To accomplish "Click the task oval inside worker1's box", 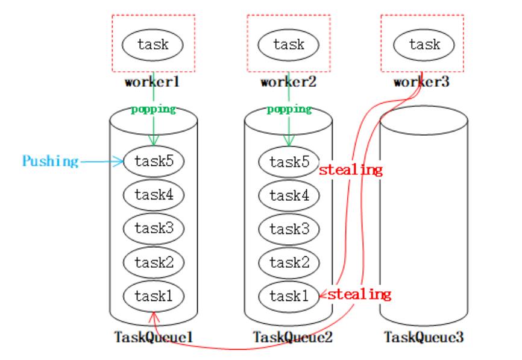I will click(x=153, y=45).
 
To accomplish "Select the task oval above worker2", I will click(x=288, y=45).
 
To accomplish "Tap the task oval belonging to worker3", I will click(x=424, y=45).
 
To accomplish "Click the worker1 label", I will click(x=153, y=81).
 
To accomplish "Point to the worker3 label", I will click(x=421, y=81).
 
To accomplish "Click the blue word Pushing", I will click(x=51, y=162).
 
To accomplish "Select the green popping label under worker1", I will click(x=154, y=109).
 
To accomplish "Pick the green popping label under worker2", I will click(x=289, y=109).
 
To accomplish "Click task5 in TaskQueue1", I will click(x=154, y=162).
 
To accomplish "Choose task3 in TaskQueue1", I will click(x=154, y=229).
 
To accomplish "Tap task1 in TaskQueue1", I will click(x=154, y=296).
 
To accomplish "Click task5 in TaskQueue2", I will click(x=289, y=162).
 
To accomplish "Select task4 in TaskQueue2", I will click(x=289, y=195).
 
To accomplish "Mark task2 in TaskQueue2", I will click(x=289, y=262).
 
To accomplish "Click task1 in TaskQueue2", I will click(x=289, y=297).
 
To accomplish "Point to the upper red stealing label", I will click(x=351, y=170).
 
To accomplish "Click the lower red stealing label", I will click(x=360, y=294).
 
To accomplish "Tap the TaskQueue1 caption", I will click(x=154, y=337).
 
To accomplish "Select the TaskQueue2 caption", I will click(x=292, y=337).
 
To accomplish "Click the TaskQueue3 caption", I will click(x=424, y=337).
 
